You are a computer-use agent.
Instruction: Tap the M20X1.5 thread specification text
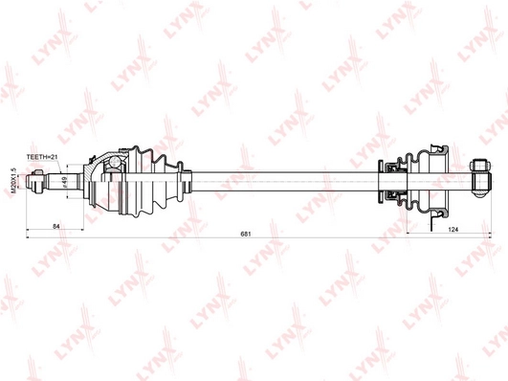point(13,179)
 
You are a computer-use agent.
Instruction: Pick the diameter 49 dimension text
point(64,181)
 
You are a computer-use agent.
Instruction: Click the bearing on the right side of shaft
point(395,179)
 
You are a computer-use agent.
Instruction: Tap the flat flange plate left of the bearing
point(383,179)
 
